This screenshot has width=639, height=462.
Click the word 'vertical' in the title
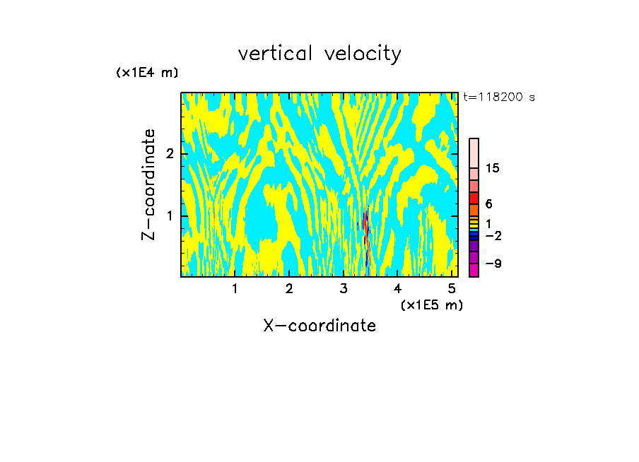[x=273, y=54]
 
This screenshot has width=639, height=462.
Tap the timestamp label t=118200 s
[x=498, y=97]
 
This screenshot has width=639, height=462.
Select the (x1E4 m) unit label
[x=147, y=72]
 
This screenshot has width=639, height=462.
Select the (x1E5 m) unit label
[x=431, y=304]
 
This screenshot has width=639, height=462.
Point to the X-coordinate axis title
[x=319, y=326]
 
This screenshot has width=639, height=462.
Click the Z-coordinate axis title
[x=148, y=184]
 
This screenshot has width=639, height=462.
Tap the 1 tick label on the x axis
[x=235, y=289]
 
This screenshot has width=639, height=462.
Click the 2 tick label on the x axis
[x=289, y=289]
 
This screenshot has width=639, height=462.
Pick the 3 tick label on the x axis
[x=344, y=289]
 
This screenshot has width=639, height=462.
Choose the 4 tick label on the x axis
[x=397, y=289]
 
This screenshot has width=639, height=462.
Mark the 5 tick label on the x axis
[x=452, y=289]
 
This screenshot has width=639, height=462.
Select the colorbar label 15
[x=493, y=168]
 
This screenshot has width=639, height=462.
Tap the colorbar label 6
[x=488, y=204]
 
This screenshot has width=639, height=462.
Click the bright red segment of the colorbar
[x=474, y=198]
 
